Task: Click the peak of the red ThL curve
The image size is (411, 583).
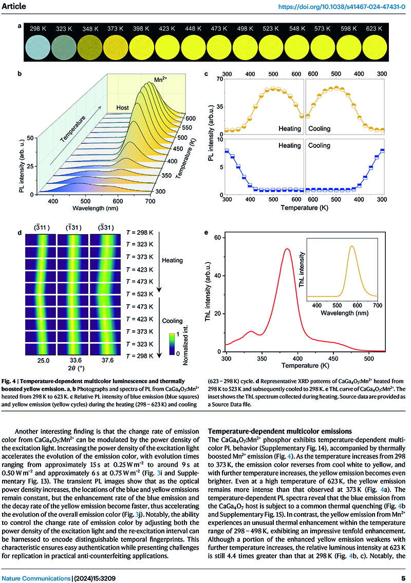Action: pos(287,249)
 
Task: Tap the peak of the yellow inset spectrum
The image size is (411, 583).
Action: pos(352,247)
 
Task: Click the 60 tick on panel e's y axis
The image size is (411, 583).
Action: pos(218,237)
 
